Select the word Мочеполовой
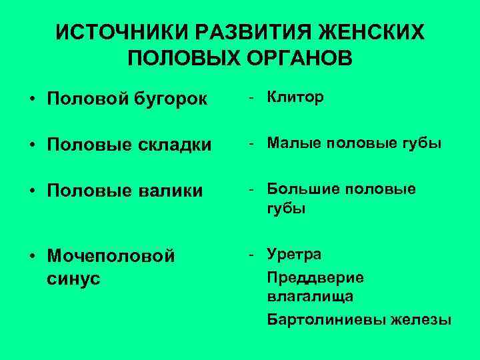(111, 256)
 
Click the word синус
(73, 278)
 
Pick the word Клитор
(295, 97)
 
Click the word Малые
(289, 143)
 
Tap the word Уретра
(294, 254)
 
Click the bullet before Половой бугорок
(32, 100)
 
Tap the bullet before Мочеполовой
(32, 256)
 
